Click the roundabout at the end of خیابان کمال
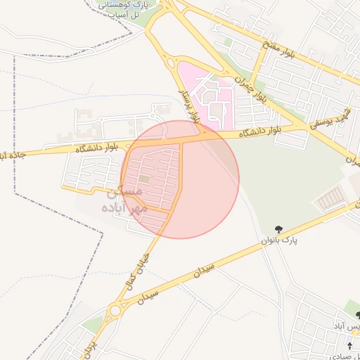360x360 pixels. click(x=116, y=309)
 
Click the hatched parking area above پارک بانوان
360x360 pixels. click(x=330, y=201)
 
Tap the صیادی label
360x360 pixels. click(x=346, y=335)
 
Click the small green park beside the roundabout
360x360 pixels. click(x=94, y=323)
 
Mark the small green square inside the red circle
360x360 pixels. click(x=143, y=180)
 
